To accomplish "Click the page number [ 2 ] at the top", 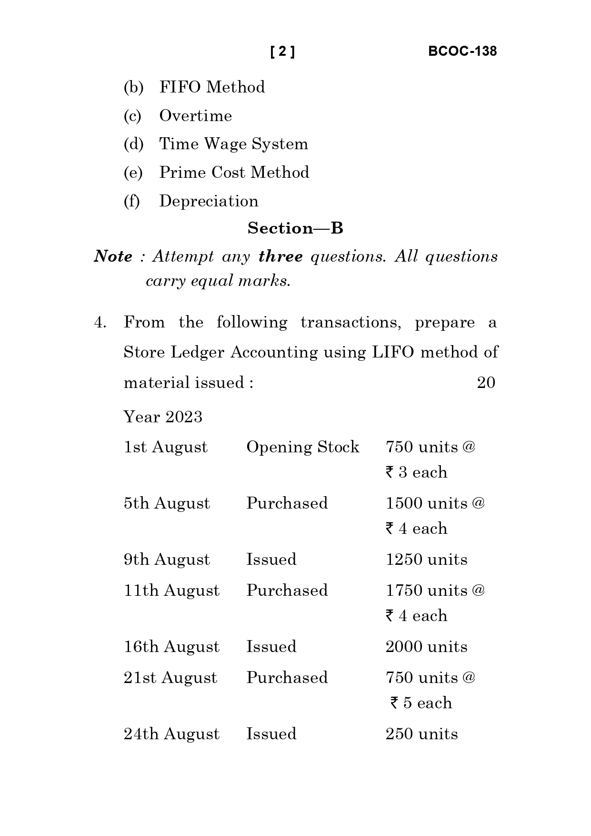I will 282,51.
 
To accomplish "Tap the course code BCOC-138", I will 462,51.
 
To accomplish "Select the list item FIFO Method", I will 212,87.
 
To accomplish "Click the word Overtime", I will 195,116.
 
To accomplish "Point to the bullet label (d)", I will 133,144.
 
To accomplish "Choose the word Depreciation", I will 209,201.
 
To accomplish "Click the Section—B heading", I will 295,228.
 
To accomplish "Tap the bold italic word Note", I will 113,256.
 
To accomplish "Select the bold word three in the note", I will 280,256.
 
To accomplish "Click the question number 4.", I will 100,323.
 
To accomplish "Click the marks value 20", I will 486,382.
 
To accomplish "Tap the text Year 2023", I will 163,417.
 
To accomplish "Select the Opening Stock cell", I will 302,447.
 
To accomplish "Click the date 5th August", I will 167,503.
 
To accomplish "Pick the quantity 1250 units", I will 426,560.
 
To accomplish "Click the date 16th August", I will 171,647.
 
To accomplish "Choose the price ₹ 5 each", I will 421,703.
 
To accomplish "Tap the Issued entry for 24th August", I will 271,734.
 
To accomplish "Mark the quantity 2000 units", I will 426,647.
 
